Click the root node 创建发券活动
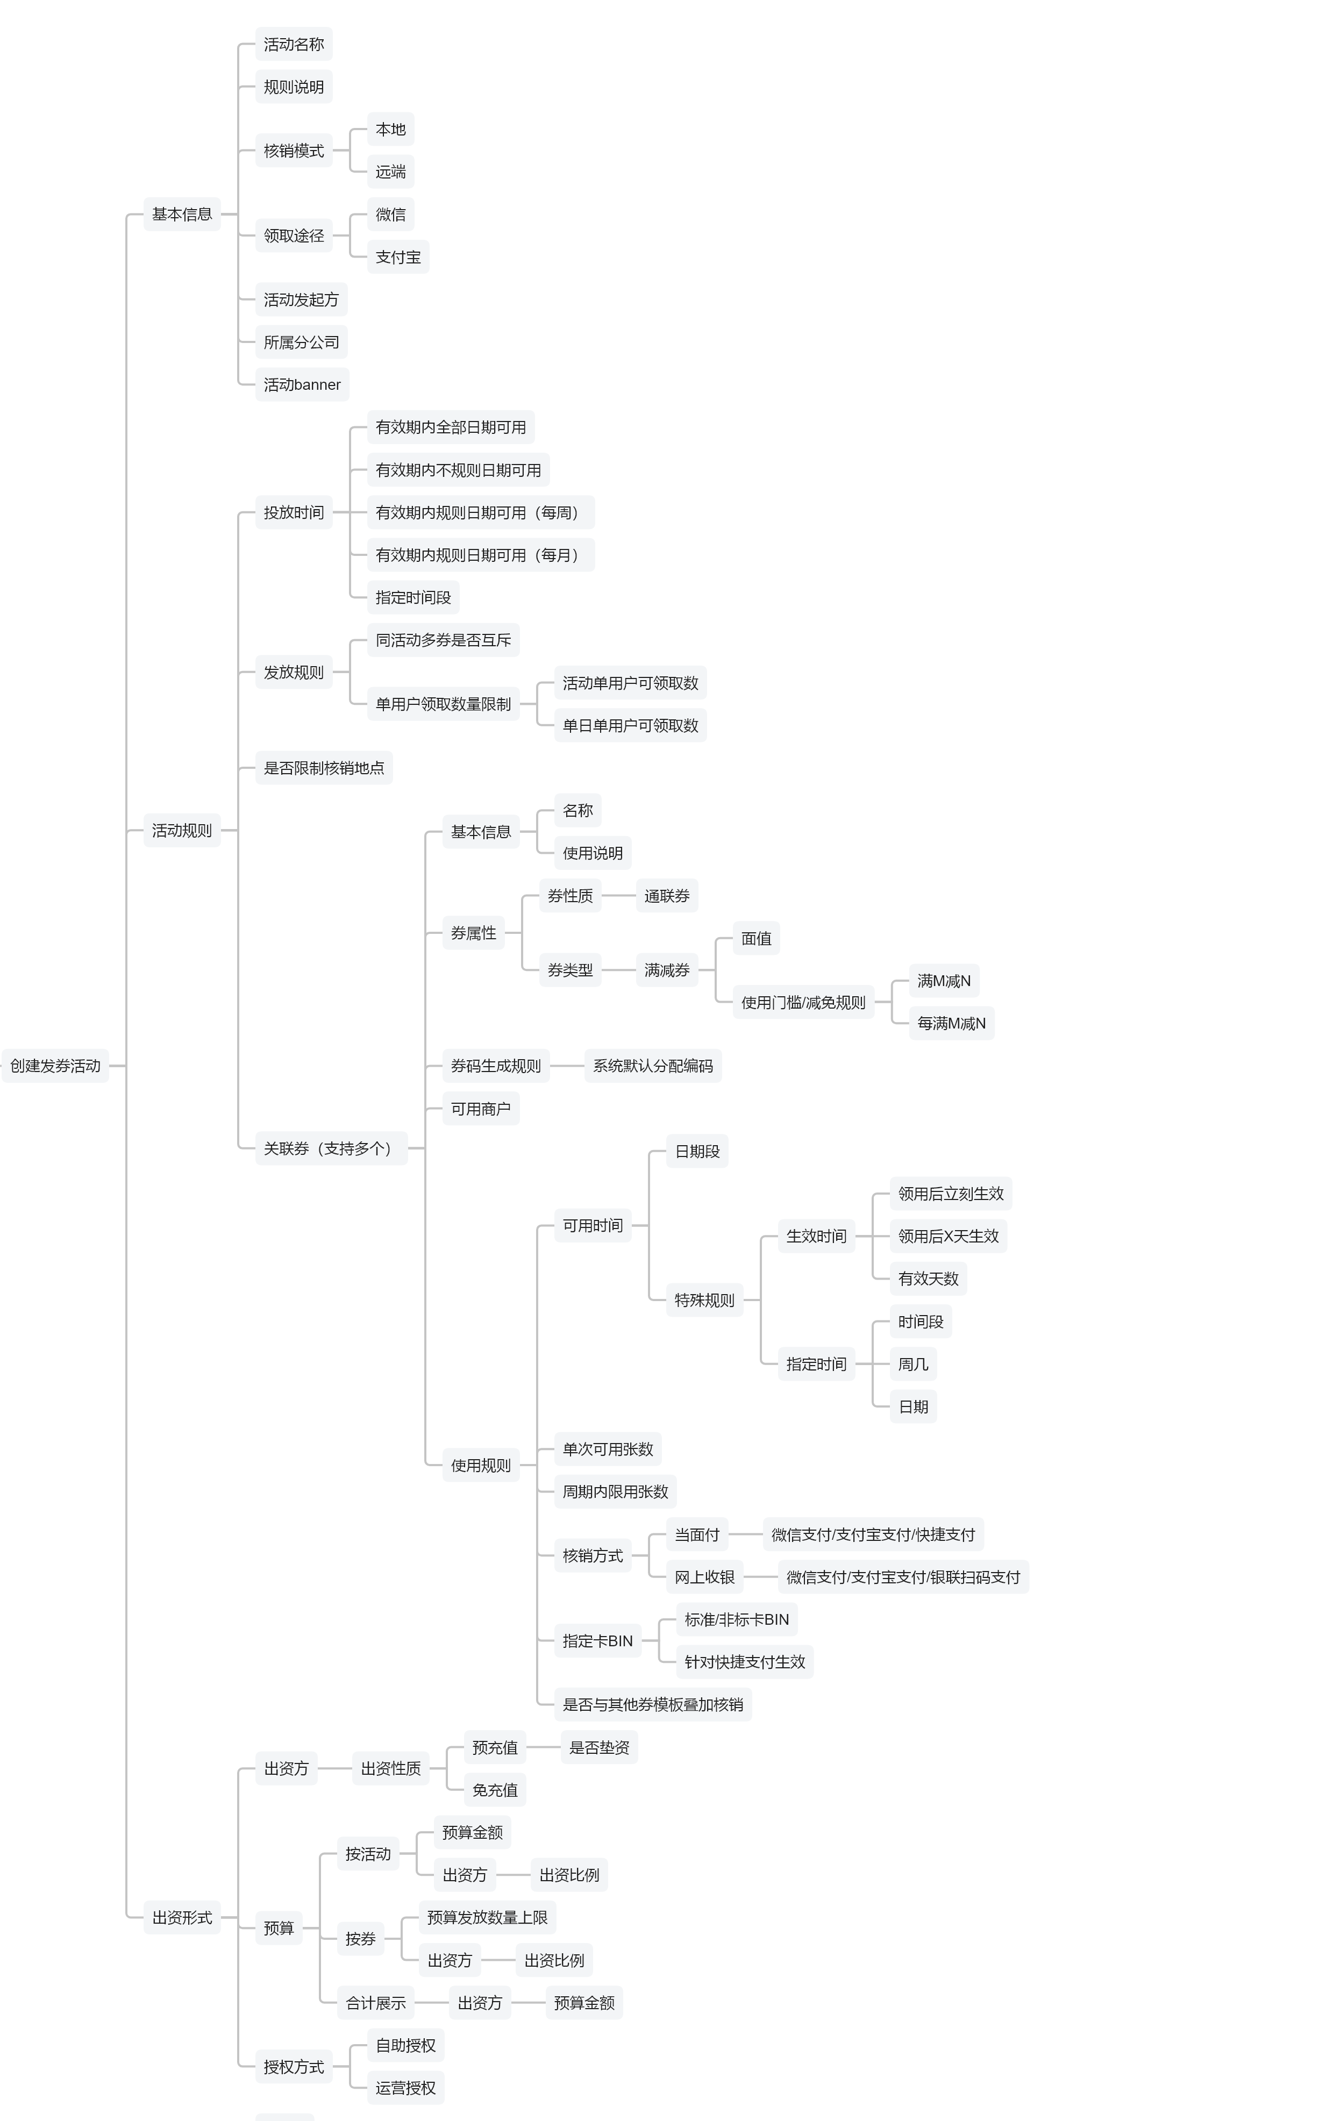[55, 1066]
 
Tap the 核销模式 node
[294, 151]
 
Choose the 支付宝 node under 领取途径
[398, 258]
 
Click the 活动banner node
[302, 384]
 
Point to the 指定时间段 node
[413, 597]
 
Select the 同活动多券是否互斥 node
[443, 640]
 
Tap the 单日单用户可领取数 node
[630, 726]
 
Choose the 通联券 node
[666, 896]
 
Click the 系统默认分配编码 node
[653, 1066]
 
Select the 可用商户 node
[481, 1109]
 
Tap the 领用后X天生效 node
[948, 1236]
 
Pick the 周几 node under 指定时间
[914, 1364]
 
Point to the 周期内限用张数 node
[615, 1491]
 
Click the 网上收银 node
[704, 1577]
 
